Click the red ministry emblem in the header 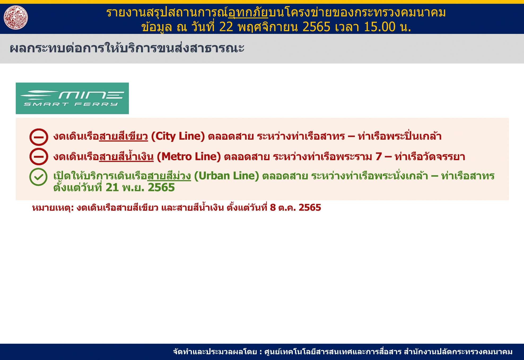pos(16,17)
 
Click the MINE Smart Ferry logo pos(72,98)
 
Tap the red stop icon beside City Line pos(39,137)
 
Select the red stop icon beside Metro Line pos(39,157)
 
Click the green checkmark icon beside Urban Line pos(38,177)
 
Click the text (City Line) pos(178,136)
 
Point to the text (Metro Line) pos(189,157)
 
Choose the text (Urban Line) pos(226,176)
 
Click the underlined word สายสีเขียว pos(123,136)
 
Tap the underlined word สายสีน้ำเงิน pos(126,156)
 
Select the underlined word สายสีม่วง pos(169,176)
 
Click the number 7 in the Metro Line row pos(378,157)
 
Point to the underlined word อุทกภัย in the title pos(248,12)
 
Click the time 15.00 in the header pos(379,27)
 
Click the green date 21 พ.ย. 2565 pos(140,187)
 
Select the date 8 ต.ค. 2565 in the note pos(295,208)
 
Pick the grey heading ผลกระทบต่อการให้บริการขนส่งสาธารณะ pos(127,48)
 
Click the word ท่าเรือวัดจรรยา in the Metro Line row pos(430,157)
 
